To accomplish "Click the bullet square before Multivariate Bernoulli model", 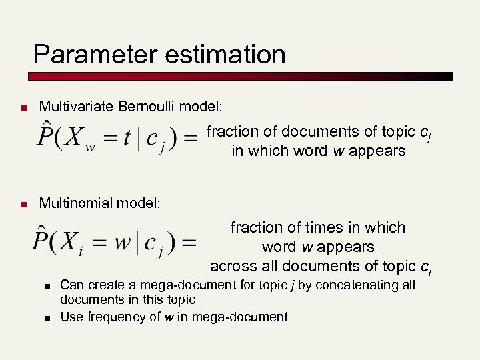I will pyautogui.click(x=23, y=107).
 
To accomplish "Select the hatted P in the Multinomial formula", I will pyautogui.click(x=41, y=239).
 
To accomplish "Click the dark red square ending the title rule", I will pyautogui.click(x=448, y=76).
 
